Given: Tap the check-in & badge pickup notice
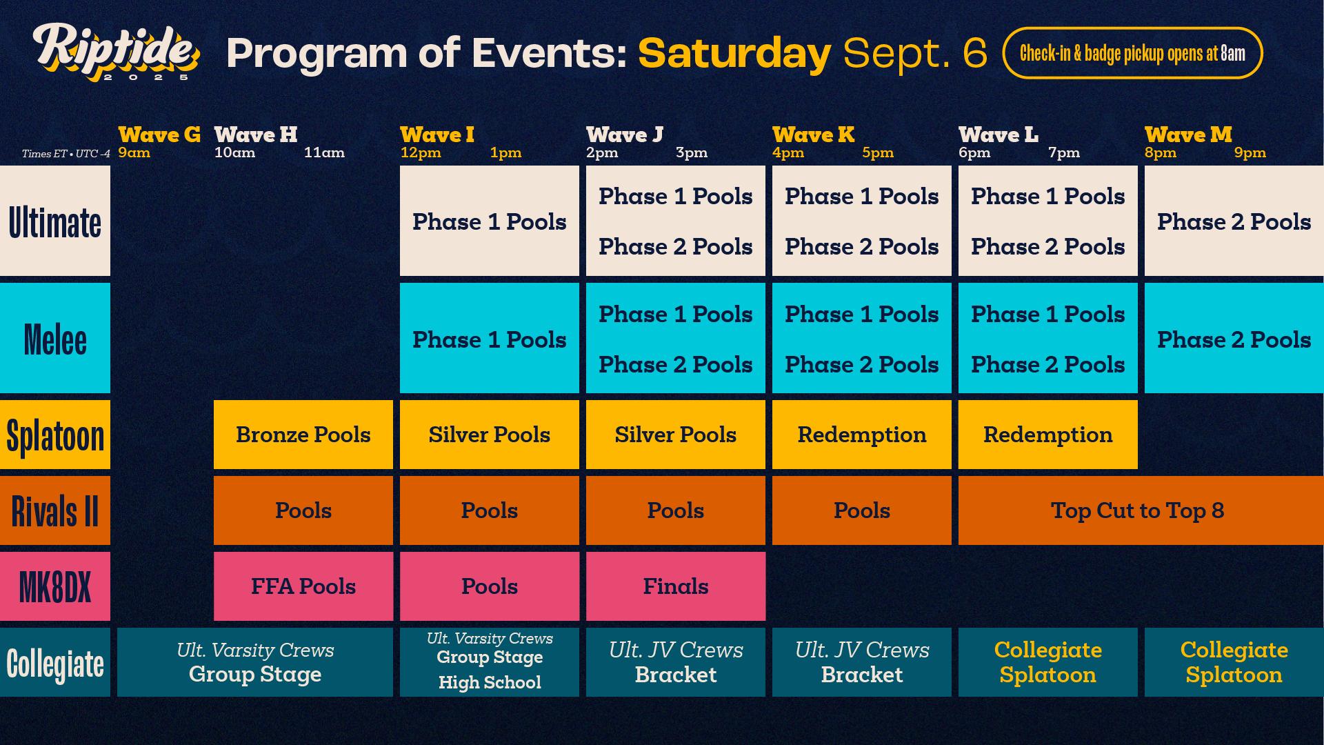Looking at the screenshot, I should click(1132, 53).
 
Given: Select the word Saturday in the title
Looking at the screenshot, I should click(734, 54).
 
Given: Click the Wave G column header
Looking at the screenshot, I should click(159, 135).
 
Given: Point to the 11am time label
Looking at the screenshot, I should click(324, 152).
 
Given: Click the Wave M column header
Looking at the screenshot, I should click(1187, 135).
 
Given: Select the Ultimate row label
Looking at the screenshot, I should click(55, 221).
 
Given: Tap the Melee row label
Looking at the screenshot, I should click(55, 339).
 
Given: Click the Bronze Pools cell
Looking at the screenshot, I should click(303, 435).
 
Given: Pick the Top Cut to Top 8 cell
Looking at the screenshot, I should click(1137, 510).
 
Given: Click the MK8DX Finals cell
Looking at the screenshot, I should click(675, 586).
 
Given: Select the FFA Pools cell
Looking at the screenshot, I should click(303, 586).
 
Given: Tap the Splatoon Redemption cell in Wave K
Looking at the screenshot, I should click(861, 435).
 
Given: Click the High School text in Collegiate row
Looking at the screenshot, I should click(490, 682).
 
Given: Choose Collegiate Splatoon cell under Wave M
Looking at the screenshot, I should click(1234, 662).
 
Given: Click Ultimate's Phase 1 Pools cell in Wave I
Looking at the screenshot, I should click(489, 221).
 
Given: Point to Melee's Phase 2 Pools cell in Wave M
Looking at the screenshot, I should click(1234, 339).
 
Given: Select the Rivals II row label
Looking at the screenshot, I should click(55, 511).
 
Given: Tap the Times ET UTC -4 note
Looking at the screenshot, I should click(66, 154).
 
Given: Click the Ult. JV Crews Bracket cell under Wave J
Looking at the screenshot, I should click(675, 662).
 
